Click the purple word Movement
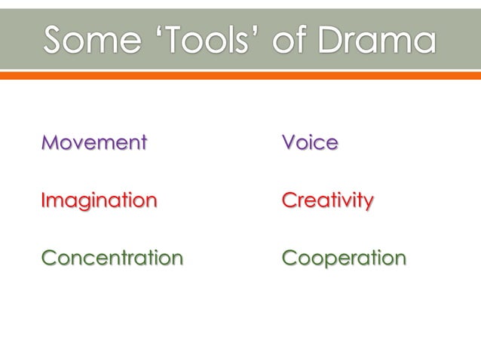click(94, 142)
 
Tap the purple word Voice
click(310, 142)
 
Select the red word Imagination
click(99, 200)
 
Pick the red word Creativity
click(327, 200)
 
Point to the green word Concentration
click(112, 258)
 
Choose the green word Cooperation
click(344, 258)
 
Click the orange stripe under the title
click(240, 75)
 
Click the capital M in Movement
click(51, 142)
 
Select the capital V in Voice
click(289, 142)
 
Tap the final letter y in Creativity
click(367, 203)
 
